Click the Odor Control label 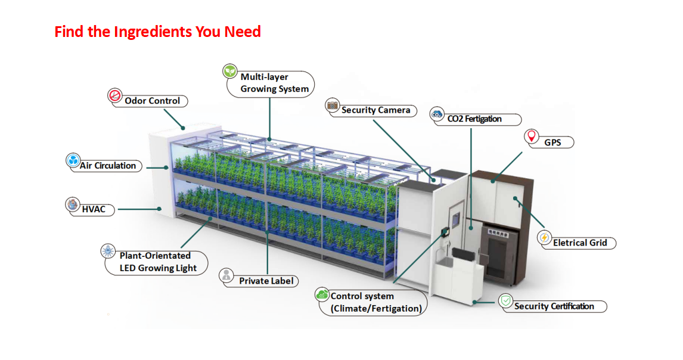point(153,101)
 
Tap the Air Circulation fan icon point(73,160)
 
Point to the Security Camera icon point(332,105)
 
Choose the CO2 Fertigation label point(474,119)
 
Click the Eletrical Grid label point(579,243)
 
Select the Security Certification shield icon point(505,301)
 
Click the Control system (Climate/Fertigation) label point(375,302)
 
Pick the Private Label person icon point(226,275)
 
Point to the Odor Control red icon point(114,95)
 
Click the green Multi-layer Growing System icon point(229,71)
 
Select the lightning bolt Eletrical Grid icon point(544,237)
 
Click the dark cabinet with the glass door point(501,250)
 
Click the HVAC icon point(72,204)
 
